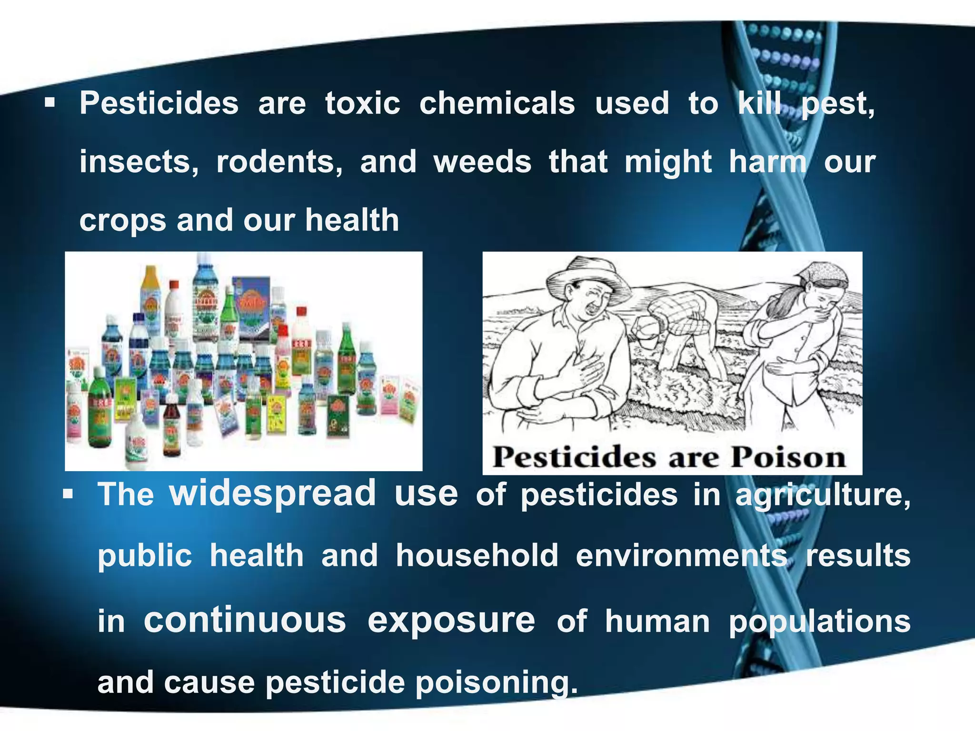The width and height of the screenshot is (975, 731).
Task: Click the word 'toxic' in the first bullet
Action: click(362, 103)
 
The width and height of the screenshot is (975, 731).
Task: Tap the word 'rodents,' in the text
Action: click(279, 162)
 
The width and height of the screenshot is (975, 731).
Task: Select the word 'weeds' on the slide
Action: click(482, 162)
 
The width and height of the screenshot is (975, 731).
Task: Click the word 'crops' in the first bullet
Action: click(122, 220)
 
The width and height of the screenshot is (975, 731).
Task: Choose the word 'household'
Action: click(477, 555)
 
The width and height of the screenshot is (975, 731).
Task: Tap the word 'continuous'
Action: click(245, 620)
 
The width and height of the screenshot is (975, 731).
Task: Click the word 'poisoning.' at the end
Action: click(497, 682)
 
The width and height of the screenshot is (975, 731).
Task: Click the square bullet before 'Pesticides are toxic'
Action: click(50, 103)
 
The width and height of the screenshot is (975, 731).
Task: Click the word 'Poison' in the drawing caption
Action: click(788, 458)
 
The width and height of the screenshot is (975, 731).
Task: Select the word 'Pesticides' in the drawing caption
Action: click(574, 458)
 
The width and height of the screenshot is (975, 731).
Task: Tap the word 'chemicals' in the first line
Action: click(497, 103)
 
